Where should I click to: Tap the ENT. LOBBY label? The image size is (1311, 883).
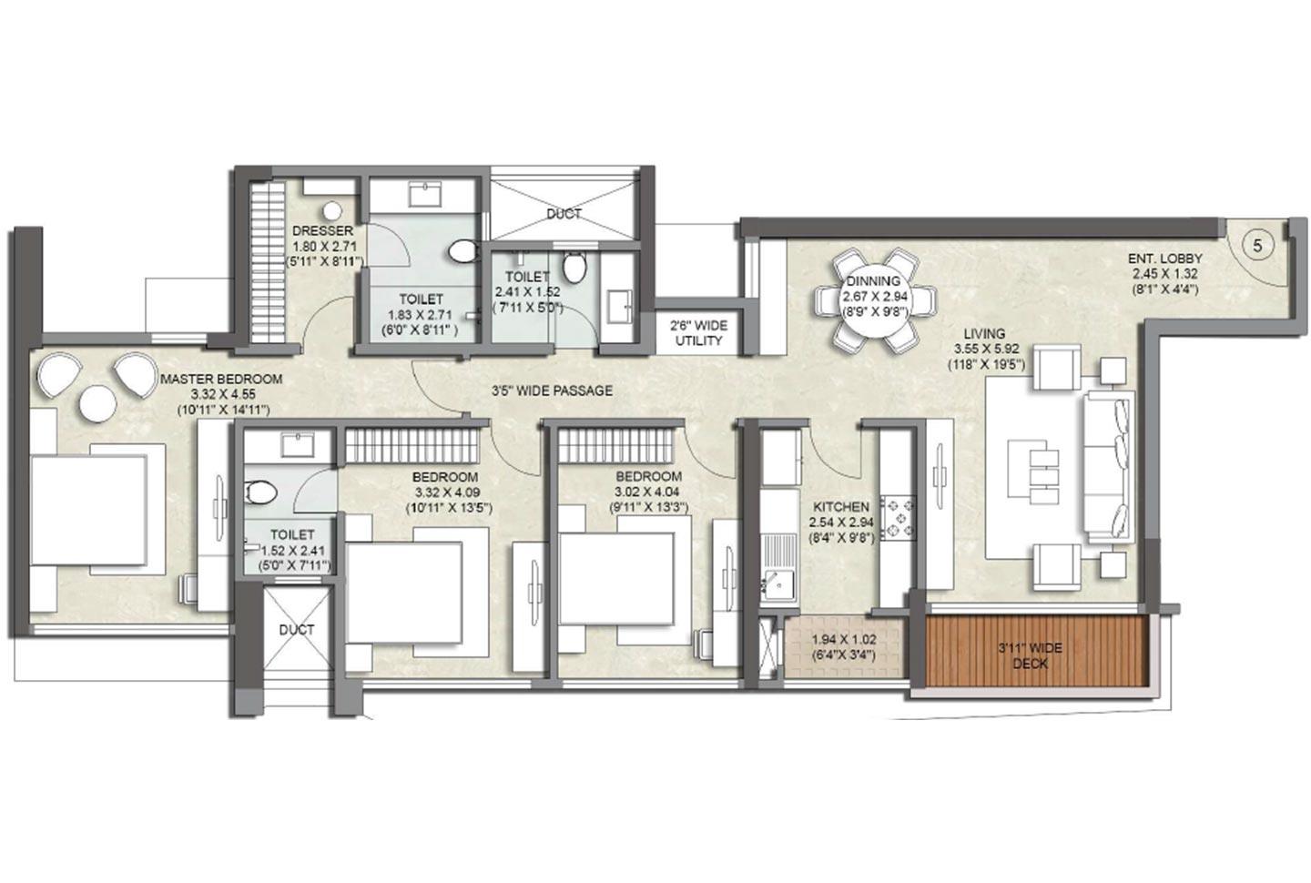point(1165,259)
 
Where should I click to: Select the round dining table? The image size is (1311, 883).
point(875,300)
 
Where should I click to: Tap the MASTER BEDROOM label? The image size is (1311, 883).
point(221,379)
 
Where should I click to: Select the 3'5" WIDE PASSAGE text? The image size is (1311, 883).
point(552,391)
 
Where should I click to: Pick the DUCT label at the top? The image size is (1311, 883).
point(564,214)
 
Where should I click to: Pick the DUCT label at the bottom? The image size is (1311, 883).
point(296,629)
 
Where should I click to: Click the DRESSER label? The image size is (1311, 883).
point(322,231)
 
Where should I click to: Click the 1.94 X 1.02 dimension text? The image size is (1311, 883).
point(843,640)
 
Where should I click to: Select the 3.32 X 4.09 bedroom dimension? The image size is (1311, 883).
point(444,492)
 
